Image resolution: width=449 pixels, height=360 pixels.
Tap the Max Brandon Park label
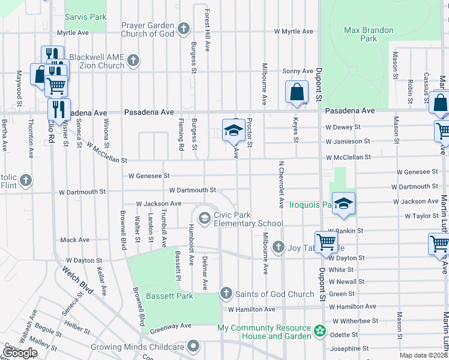coord(369,34)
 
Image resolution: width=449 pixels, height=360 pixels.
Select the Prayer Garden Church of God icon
coord(184,28)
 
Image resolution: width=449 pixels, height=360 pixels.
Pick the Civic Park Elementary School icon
coord(204,217)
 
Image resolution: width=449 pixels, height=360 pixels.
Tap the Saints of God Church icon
coord(226,293)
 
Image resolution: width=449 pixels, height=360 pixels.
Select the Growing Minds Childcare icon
coord(193,346)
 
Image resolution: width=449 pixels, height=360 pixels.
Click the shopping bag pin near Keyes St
coord(297,92)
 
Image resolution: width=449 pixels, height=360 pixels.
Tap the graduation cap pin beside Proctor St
coord(233,131)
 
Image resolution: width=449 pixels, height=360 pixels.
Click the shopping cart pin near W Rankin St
coord(326,242)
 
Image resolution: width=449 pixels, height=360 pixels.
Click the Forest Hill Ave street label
coord(208,30)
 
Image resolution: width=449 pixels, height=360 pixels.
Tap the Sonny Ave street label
coord(298,71)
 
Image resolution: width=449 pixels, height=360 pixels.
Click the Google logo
coord(20,353)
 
